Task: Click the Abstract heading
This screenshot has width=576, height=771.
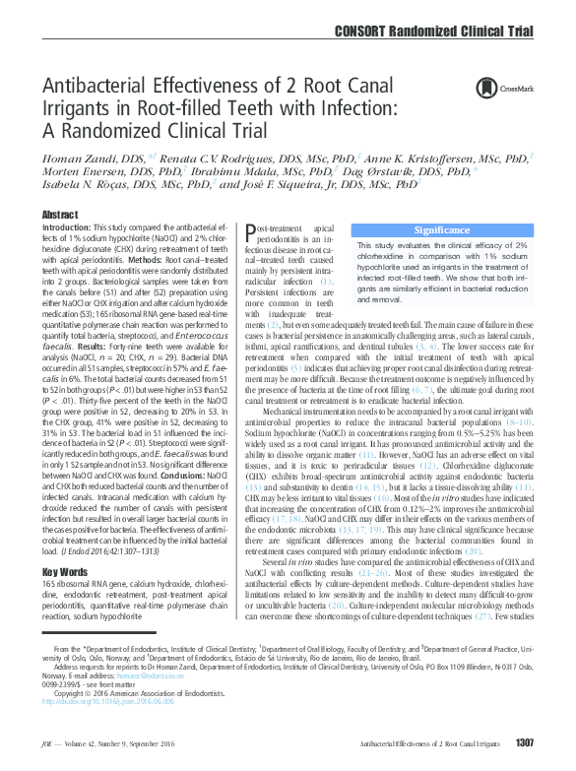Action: [60, 215]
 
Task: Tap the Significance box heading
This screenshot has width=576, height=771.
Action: [442, 229]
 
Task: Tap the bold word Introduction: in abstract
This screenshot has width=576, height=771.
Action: [66, 227]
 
